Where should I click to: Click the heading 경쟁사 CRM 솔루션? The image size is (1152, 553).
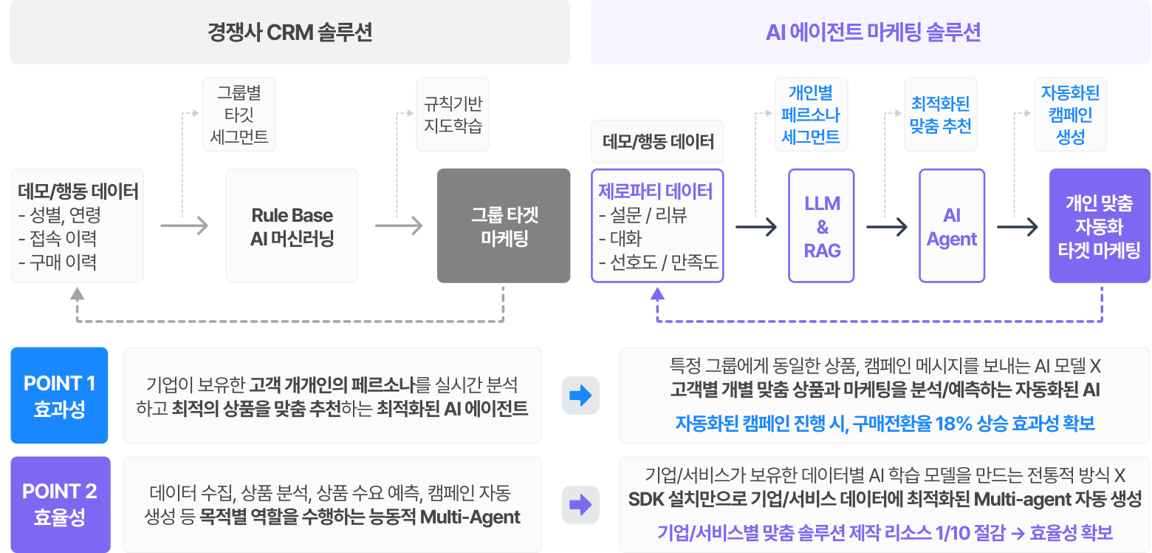[x=289, y=33]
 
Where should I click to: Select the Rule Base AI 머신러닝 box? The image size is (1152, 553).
[x=292, y=226]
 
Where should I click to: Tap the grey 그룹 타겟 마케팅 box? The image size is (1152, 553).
[x=504, y=226]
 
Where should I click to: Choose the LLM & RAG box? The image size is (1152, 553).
[x=822, y=226]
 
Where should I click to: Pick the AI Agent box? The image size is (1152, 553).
[x=952, y=226]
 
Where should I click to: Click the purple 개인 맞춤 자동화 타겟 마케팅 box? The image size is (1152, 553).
[x=1099, y=226]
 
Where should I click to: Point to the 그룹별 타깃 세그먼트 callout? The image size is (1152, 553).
[x=239, y=115]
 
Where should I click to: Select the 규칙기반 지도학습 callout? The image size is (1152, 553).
[x=453, y=115]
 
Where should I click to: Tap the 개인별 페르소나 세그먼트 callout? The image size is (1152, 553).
[x=810, y=115]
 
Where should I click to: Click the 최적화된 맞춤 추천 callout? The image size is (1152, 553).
[x=941, y=115]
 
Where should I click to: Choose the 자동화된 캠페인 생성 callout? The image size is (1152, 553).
[x=1070, y=115]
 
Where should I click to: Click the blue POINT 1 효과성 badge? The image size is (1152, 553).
[x=60, y=396]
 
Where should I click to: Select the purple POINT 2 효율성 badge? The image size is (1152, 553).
[x=60, y=504]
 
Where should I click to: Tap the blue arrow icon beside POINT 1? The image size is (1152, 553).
[x=580, y=396]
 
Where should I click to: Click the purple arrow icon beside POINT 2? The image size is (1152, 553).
[x=580, y=505]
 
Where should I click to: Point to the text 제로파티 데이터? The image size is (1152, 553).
[x=656, y=192]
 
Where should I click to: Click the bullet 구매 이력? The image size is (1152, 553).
[x=61, y=262]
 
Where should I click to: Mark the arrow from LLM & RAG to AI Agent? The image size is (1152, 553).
[x=886, y=227]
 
